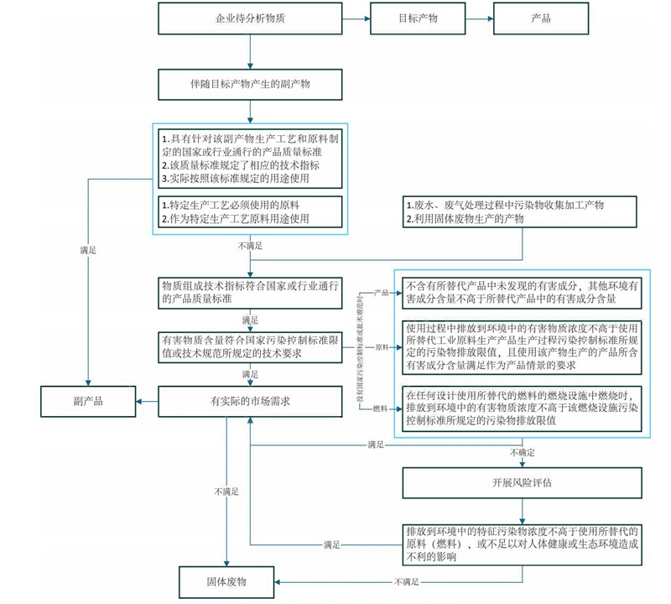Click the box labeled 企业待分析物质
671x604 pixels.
(x=250, y=18)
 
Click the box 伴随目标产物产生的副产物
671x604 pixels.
(x=250, y=84)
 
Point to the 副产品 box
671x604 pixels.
(x=86, y=401)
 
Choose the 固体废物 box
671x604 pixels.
(x=227, y=581)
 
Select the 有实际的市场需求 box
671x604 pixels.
(x=250, y=401)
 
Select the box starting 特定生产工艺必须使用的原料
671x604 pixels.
(x=250, y=211)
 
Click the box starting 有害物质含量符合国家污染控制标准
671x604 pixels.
(x=250, y=346)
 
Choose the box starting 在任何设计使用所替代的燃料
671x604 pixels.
(x=523, y=408)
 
